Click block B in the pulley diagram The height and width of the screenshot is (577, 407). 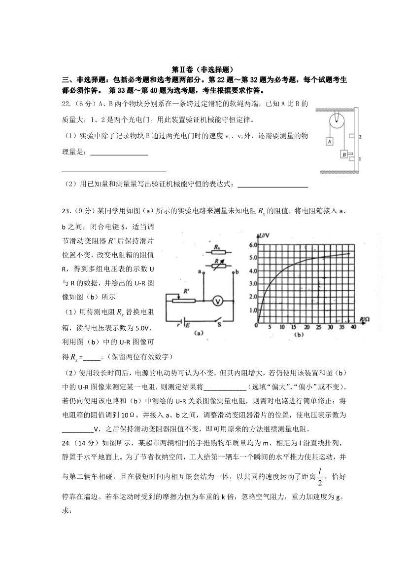343,154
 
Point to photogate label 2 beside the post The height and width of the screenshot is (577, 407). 361,135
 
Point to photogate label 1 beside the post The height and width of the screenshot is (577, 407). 361,159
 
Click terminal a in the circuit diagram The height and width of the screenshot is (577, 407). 199,271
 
